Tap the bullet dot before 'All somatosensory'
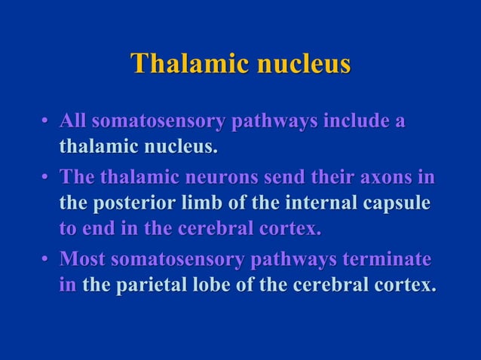coord(46,121)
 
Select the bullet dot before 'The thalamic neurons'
coord(46,178)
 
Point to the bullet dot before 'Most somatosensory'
coord(46,261)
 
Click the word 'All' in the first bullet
coord(74,121)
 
